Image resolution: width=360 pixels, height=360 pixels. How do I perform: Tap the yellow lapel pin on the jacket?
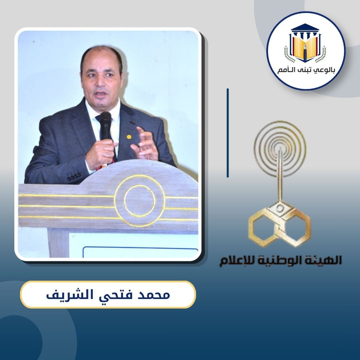[129, 137]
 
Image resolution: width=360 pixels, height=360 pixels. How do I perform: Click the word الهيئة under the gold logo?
[326, 261]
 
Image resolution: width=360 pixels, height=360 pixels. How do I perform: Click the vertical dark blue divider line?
[228, 133]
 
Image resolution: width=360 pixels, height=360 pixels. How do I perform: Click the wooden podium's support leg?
[58, 243]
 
